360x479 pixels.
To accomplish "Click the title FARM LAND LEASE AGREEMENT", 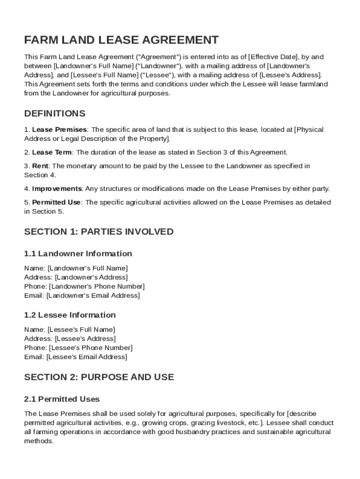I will click(122, 40).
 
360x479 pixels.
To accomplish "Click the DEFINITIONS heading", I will click(55, 114).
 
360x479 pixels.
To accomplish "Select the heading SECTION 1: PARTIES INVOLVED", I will click(99, 232).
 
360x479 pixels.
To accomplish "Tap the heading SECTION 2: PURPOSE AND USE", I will click(99, 377).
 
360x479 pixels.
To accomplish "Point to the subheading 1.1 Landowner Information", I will click(78, 254).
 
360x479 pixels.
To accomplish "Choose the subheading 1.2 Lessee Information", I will click(70, 315).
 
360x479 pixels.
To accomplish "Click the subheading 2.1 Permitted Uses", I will click(62, 399).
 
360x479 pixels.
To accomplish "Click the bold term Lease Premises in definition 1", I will click(59, 130).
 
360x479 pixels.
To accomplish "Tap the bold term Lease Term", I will click(52, 152).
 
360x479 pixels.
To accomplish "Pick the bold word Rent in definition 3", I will click(41, 166).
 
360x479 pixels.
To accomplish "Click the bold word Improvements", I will click(57, 189).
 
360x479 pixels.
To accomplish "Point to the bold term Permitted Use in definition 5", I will click(57, 203).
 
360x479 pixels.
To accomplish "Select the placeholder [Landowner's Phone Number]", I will click(97, 286).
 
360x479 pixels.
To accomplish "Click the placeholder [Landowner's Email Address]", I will click(93, 296).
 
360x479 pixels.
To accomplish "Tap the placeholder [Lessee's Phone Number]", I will click(91, 348).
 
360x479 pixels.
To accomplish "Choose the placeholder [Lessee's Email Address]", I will click(86, 357).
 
